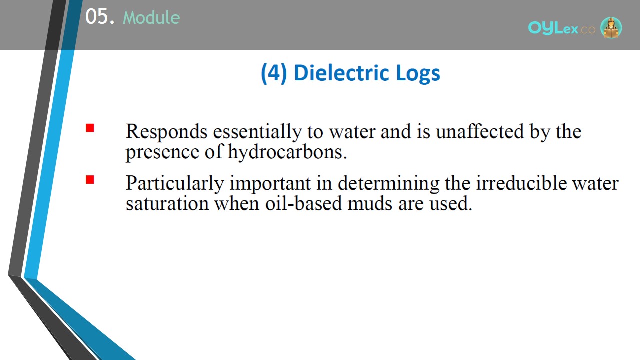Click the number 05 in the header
[97, 17]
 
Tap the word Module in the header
[151, 18]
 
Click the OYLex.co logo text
[561, 28]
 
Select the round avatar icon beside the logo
[611, 27]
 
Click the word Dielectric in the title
[342, 73]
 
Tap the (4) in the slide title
[274, 73]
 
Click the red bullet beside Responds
[90, 128]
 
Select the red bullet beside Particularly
[90, 179]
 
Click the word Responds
[166, 132]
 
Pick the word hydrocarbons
[287, 152]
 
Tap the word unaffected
[480, 131]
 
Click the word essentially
[257, 132]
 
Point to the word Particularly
[175, 183]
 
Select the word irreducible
[521, 183]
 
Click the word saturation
[167, 203]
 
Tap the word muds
[370, 203]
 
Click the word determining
[388, 184]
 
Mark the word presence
[162, 153]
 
